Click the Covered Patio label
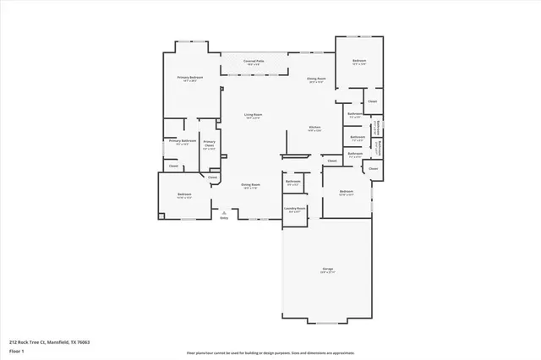[254, 62]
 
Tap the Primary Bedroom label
[187, 78]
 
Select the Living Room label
[252, 114]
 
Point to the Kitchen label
[314, 128]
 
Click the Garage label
[327, 270]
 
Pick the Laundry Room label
[295, 208]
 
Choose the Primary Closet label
[210, 144]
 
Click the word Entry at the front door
[224, 218]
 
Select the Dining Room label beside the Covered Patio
[318, 79]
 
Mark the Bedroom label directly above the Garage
[345, 191]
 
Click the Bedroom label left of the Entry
[184, 194]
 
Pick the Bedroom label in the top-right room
[358, 61]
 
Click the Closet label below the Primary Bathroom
[173, 166]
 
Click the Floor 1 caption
[16, 350]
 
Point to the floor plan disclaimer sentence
[270, 353]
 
